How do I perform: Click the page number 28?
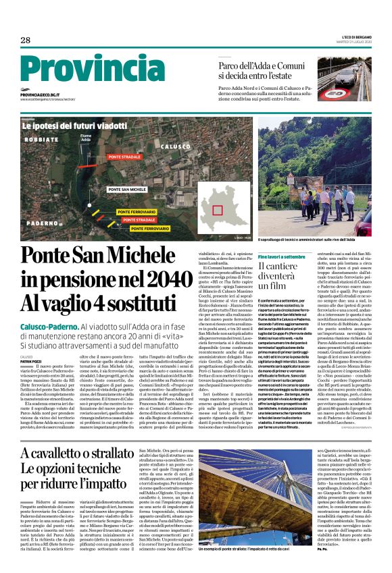[25, 40]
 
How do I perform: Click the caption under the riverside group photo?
[316, 240]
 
